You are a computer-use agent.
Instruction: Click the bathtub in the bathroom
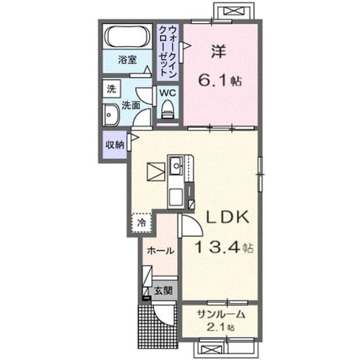(x=128, y=35)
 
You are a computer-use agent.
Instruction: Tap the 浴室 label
(x=128, y=60)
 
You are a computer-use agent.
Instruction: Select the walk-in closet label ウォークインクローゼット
(x=168, y=51)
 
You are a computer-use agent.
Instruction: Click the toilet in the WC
(x=168, y=110)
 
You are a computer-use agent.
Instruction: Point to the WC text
(x=168, y=93)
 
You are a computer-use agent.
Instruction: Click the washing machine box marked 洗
(x=111, y=89)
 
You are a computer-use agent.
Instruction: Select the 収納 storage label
(x=115, y=145)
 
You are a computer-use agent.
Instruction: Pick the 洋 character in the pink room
(x=218, y=51)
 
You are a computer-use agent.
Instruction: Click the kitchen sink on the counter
(x=176, y=165)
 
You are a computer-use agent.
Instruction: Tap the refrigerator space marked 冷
(x=142, y=223)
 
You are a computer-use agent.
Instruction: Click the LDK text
(x=228, y=217)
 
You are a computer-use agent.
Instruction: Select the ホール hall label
(x=160, y=251)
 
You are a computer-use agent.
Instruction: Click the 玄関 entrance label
(x=163, y=291)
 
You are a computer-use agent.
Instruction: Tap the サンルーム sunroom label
(x=221, y=314)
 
